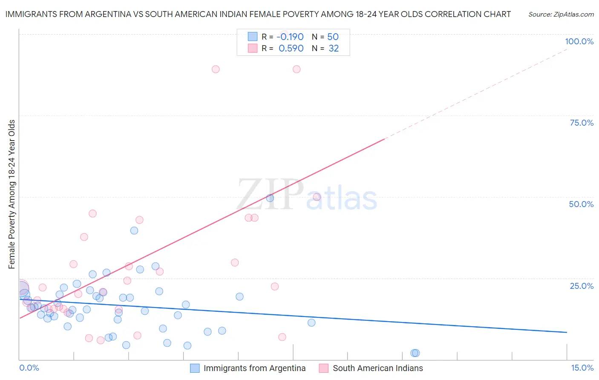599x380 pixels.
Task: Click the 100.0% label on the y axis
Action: point(579,41)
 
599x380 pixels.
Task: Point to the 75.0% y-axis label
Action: point(582,123)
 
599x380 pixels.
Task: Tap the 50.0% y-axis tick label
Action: point(581,204)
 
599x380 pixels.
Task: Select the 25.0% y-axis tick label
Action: point(582,286)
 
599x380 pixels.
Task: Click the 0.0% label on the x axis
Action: point(29,368)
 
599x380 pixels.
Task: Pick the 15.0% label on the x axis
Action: point(582,368)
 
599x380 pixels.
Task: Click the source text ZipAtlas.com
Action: point(561,14)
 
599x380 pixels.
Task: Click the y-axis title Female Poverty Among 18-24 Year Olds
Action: point(12,194)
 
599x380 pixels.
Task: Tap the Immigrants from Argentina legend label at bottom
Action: point(254,368)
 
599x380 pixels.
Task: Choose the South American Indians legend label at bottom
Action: point(378,368)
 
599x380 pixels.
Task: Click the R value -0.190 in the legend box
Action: point(290,37)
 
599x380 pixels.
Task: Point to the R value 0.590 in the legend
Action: point(291,49)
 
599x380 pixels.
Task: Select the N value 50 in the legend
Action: point(333,37)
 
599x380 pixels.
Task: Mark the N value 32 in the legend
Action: point(334,49)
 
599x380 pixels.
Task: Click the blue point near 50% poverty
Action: point(270,198)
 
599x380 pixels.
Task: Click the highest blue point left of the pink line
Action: point(134,230)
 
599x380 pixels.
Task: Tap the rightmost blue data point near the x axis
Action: point(415,353)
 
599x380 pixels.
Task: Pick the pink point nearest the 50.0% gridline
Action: point(317,197)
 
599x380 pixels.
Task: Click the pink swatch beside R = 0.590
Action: point(253,48)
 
